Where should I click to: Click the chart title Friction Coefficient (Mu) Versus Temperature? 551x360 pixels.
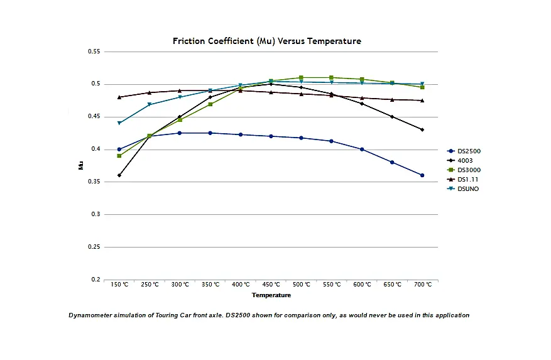click(267, 41)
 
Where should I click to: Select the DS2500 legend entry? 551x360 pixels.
click(464, 151)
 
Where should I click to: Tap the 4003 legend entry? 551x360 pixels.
click(460, 161)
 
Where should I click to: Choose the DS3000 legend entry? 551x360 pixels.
click(464, 170)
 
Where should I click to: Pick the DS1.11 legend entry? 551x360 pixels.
click(463, 179)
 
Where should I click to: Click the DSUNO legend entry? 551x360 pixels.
click(463, 188)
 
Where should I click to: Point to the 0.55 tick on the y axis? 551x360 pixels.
click(94, 52)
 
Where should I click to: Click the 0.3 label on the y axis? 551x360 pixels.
click(95, 214)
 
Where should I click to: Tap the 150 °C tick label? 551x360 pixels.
click(119, 285)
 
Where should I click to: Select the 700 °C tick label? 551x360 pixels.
click(423, 285)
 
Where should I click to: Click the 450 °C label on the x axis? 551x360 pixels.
click(271, 285)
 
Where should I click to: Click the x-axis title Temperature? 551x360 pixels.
click(271, 295)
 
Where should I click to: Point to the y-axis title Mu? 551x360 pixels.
click(81, 165)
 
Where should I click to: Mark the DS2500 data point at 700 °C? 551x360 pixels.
click(422, 175)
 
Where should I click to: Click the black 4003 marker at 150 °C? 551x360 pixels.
click(119, 175)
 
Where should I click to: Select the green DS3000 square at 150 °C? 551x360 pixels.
click(119, 156)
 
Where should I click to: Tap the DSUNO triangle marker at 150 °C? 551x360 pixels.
click(119, 123)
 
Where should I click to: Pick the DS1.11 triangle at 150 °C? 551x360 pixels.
click(119, 97)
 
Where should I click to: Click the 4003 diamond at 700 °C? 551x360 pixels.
click(422, 129)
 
